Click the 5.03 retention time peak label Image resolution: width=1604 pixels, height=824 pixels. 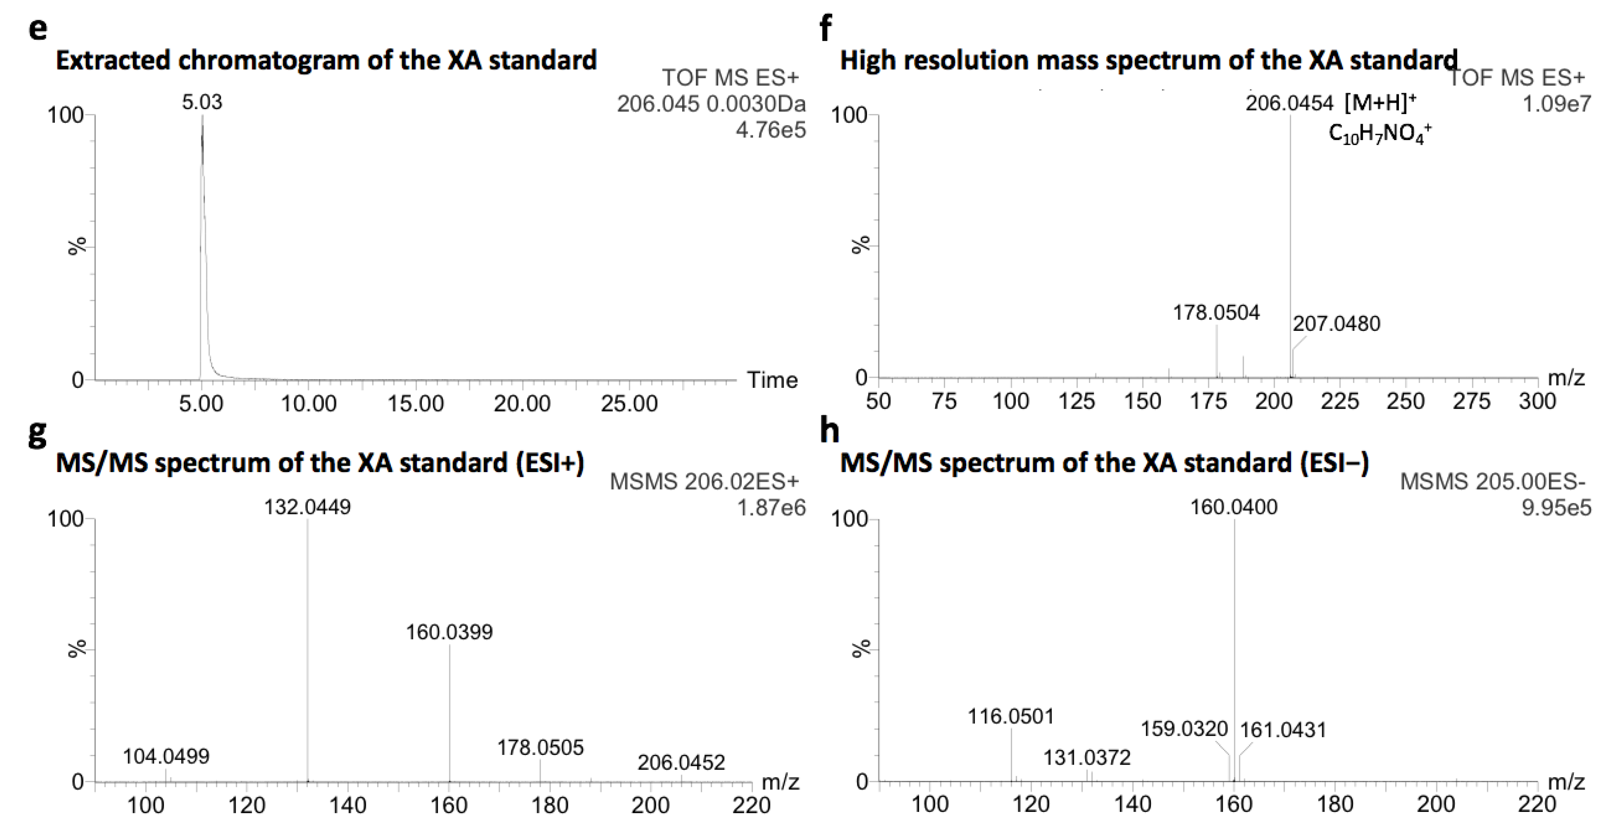pos(202,102)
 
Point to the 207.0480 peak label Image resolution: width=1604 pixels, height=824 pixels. pos(1336,324)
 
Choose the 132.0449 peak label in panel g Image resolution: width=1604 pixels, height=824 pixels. pos(308,507)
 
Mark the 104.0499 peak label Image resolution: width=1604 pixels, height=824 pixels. pos(166,757)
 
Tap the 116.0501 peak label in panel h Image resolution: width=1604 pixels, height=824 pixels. pos(1010,716)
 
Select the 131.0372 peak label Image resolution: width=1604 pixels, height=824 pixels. pos(1087,758)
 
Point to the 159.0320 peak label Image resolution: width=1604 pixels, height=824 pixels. pos(1184,729)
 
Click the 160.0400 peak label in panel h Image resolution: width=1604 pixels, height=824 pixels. pos(1234,507)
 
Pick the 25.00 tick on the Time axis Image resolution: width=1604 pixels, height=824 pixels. pos(629,404)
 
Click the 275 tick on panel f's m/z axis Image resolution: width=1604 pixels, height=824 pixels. pos(1471,401)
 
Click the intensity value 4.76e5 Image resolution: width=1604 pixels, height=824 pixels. pos(771,130)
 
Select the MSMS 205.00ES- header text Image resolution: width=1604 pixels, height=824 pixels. pos(1493,481)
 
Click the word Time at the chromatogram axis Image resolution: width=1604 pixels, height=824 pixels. pos(772,380)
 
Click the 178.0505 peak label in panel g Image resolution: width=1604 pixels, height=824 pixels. pos(540,747)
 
